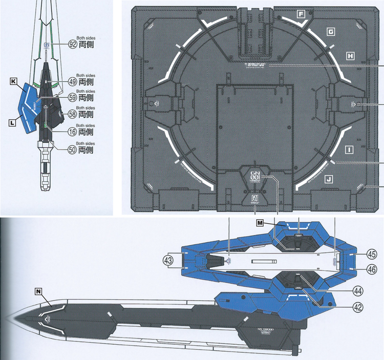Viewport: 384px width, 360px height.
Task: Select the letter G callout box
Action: (331, 32)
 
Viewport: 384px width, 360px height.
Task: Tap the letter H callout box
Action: (350, 55)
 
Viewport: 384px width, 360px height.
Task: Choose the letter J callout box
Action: (328, 179)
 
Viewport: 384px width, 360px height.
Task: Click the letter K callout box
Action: (13, 81)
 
